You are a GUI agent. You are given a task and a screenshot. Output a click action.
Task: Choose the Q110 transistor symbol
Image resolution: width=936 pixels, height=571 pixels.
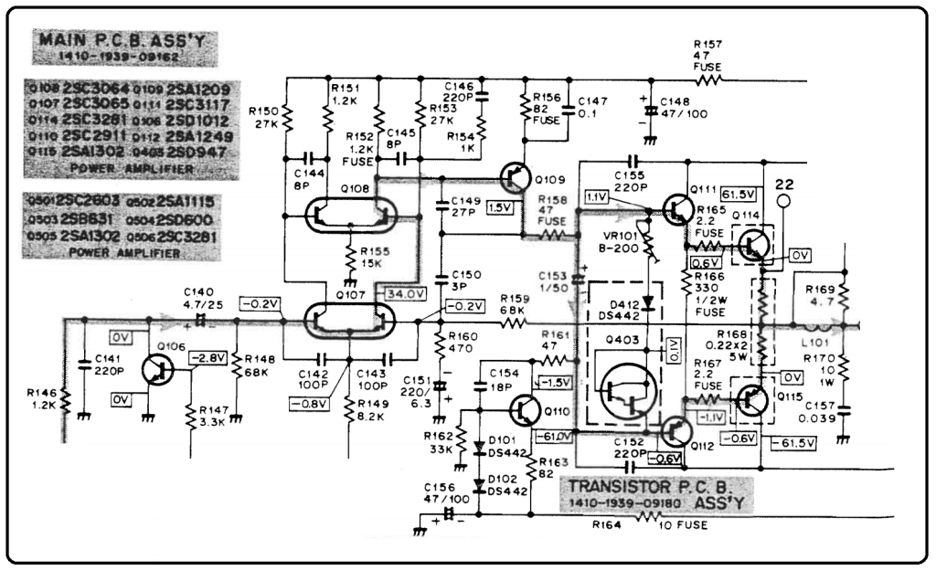tap(526, 409)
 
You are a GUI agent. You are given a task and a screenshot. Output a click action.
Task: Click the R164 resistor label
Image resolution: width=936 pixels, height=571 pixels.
tap(608, 526)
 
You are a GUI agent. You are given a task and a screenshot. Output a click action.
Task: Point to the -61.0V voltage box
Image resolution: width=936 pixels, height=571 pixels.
tap(558, 437)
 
